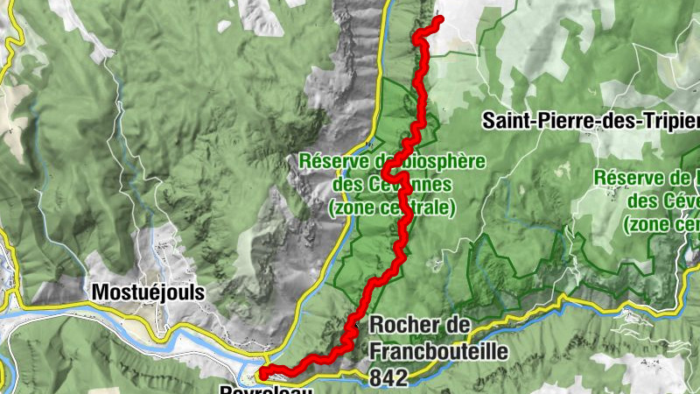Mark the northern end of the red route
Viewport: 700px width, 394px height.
438,19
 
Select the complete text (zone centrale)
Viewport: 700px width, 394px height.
391,208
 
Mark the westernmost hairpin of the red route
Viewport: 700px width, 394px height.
384,175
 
